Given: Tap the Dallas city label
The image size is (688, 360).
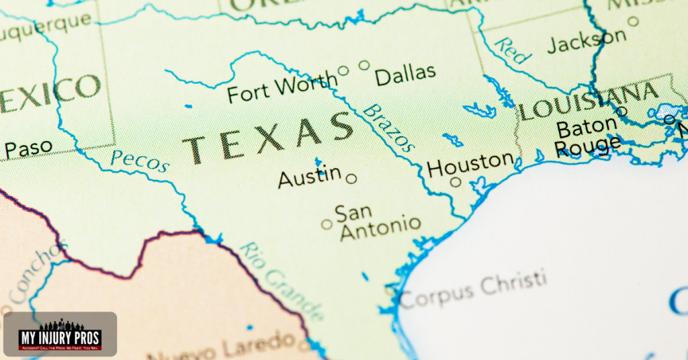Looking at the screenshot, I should pyautogui.click(x=405, y=75).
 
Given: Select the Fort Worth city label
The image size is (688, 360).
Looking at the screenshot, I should pyautogui.click(x=282, y=89).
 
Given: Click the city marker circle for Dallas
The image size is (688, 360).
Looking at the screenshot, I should pyautogui.click(x=364, y=65).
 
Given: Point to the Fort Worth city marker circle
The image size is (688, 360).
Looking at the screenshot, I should pyautogui.click(x=343, y=70).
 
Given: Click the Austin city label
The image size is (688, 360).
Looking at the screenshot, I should pyautogui.click(x=309, y=177).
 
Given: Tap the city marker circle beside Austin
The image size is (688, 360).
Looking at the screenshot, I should pyautogui.click(x=351, y=179).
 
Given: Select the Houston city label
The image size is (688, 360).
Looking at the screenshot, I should pyautogui.click(x=470, y=164).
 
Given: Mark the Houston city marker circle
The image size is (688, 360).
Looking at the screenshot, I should pyautogui.click(x=456, y=181).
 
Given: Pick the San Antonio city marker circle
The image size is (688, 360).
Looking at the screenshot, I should pyautogui.click(x=327, y=224).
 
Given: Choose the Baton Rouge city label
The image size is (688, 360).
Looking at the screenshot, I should pyautogui.click(x=587, y=136).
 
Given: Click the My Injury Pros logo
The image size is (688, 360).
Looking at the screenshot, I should pyautogui.click(x=60, y=334).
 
